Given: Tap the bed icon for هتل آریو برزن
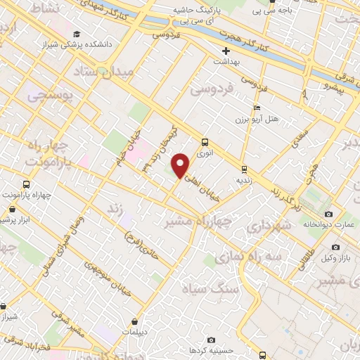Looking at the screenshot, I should tap(257, 108).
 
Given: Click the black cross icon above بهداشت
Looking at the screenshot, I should tap(226, 51).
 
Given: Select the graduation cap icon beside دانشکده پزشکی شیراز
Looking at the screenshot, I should tap(76, 34).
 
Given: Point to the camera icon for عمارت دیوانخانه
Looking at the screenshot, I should tap(328, 214).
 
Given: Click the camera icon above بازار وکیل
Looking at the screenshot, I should tap(335, 247).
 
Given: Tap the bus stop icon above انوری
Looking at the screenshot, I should tap(205, 141).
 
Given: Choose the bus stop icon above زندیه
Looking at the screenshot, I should tap(244, 169).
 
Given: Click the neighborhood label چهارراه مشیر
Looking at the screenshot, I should tap(198, 221).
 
